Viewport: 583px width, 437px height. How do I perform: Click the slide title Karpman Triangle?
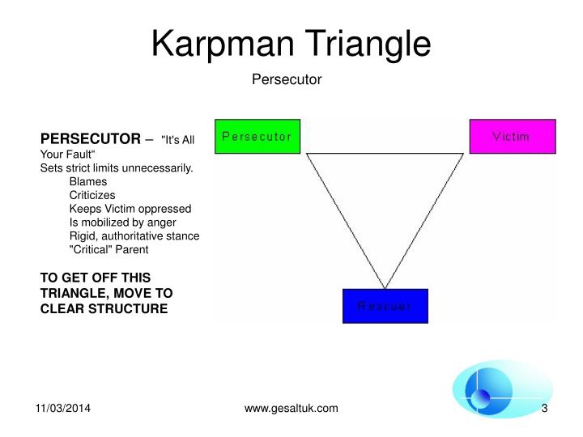[x=291, y=42]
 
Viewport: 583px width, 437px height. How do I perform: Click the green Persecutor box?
[x=257, y=136]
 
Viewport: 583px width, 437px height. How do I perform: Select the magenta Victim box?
[x=512, y=136]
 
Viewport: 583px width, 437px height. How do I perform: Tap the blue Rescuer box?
[x=385, y=306]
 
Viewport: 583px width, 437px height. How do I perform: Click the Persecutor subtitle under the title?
[x=287, y=79]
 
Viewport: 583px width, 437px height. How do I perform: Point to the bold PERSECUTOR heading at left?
[x=91, y=138]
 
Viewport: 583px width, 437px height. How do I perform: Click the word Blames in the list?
[x=88, y=182]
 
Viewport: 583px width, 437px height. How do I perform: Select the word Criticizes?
[x=92, y=195]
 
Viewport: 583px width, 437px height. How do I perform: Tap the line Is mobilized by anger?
[x=122, y=222]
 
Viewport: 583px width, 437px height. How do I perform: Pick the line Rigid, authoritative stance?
[x=134, y=235]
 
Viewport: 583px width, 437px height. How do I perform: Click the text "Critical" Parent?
[x=109, y=249]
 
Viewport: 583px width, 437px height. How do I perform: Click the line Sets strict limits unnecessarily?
[x=117, y=168]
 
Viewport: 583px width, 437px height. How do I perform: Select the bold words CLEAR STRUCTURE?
[x=104, y=308]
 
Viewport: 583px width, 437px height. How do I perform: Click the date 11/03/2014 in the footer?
[x=62, y=409]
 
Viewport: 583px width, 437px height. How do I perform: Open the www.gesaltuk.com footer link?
[x=291, y=409]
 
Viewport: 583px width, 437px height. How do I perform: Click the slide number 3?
[x=545, y=409]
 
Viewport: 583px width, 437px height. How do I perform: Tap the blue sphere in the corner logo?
[x=481, y=398]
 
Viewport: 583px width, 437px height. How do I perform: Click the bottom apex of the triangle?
[x=385, y=287]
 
